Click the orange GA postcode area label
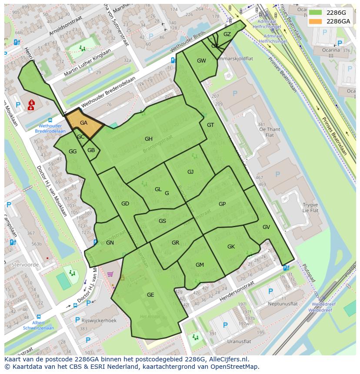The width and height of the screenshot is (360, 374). pyautogui.click(x=84, y=123)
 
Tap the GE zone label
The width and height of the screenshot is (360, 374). pyautogui.click(x=150, y=295)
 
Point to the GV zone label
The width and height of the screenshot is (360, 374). pyautogui.click(x=266, y=227)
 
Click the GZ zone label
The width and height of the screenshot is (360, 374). pyautogui.click(x=227, y=34)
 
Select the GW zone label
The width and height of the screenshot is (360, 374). pyautogui.click(x=201, y=61)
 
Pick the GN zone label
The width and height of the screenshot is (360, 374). pyautogui.click(x=110, y=243)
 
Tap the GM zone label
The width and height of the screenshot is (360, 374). pyautogui.click(x=200, y=265)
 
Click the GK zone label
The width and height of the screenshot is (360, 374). pyautogui.click(x=231, y=247)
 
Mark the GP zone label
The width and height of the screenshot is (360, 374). pyautogui.click(x=222, y=204)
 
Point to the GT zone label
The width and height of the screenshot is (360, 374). pyautogui.click(x=210, y=125)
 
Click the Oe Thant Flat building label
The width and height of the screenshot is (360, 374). pyautogui.click(x=269, y=132)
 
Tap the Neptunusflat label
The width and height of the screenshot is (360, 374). pyautogui.click(x=283, y=304)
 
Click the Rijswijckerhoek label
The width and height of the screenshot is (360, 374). pyautogui.click(x=99, y=321)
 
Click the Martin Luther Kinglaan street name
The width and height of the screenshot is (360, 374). pyautogui.click(x=87, y=63)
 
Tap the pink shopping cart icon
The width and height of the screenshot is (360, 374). pyautogui.click(x=110, y=274)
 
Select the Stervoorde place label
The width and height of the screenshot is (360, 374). pyautogui.click(x=25, y=265)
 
